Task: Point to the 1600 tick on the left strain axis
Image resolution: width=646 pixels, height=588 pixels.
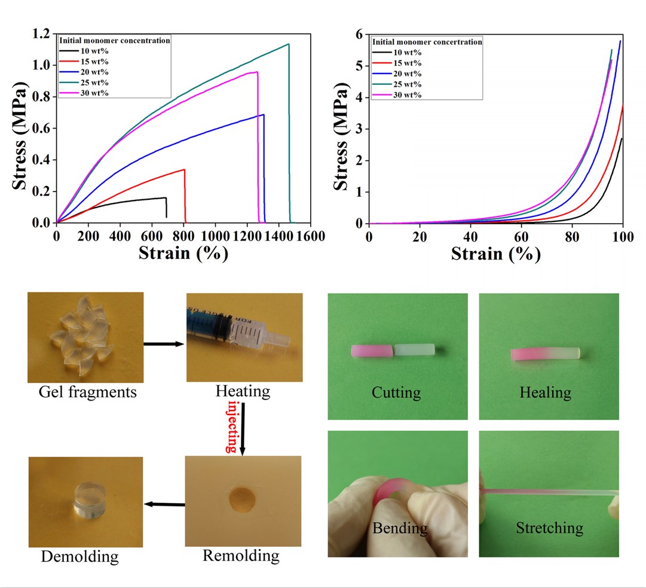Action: point(310,236)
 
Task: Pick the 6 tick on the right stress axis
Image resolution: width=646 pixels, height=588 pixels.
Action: point(358,34)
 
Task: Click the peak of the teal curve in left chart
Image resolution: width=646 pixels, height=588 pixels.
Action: point(289,44)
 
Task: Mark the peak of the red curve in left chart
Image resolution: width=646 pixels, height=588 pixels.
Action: point(184,169)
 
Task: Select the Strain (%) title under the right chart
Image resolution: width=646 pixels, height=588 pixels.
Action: point(495,254)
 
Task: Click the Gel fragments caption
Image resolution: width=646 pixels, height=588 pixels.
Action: point(87,392)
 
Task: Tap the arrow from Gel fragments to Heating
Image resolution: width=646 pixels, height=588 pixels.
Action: point(163,344)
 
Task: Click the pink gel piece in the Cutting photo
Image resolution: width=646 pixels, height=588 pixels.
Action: point(371,351)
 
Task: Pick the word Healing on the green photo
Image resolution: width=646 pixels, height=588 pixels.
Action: point(545,393)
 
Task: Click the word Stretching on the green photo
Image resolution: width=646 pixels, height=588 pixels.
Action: point(549,528)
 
